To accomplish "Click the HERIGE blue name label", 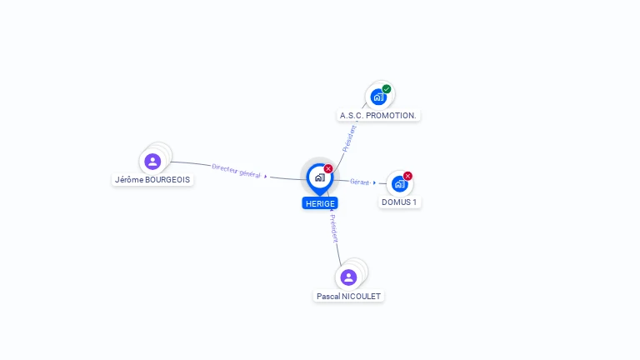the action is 320,203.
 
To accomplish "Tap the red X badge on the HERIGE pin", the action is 328,168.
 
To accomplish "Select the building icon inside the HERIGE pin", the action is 320,177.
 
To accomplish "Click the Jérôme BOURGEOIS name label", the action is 152,180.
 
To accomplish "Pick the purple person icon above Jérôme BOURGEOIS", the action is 152,161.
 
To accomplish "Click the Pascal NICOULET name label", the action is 348,297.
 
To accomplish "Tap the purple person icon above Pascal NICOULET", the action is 348,277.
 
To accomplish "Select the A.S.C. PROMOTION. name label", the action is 378,116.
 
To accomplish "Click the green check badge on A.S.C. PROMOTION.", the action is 387,89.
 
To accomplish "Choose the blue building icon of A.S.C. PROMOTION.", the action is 378,97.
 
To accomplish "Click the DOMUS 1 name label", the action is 399,202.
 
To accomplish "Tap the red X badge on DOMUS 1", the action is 407,176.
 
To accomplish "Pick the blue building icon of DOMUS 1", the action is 400,184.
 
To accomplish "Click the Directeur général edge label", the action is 236,171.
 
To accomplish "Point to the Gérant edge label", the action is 360,182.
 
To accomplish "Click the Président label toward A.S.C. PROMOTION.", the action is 349,139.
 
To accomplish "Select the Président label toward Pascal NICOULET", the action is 334,228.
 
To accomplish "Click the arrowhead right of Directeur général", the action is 266,177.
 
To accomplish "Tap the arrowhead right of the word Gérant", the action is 374,182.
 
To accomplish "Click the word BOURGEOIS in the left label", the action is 167,180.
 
